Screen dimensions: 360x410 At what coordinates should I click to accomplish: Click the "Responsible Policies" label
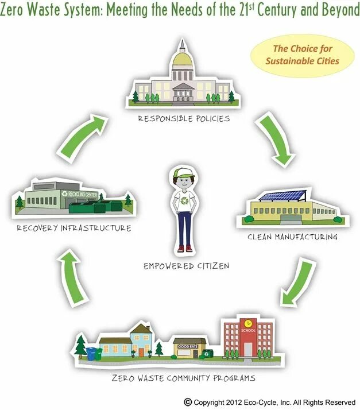pos(184,119)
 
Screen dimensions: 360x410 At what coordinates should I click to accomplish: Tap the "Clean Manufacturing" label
pos(292,236)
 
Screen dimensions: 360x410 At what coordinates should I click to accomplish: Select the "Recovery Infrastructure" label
pos(73,228)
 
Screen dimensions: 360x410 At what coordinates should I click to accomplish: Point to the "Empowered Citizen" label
pos(186,266)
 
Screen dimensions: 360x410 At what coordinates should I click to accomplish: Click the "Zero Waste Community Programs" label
pos(184,378)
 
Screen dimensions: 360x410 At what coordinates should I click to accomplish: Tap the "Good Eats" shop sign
pos(187,346)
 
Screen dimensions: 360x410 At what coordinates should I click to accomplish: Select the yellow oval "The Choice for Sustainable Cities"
pos(302,55)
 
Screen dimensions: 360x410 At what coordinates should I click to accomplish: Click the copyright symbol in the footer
pos(187,402)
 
